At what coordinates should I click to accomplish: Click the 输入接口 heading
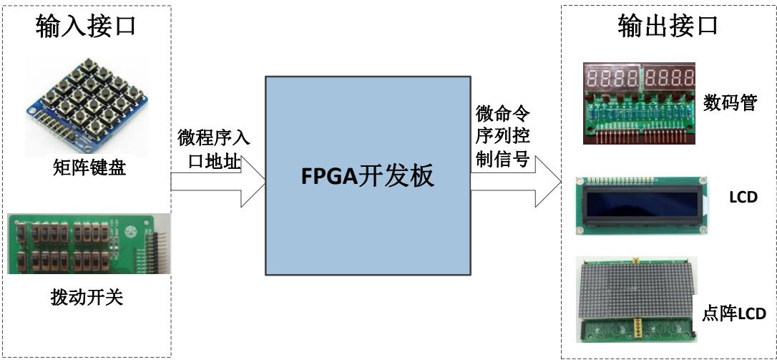click(86, 26)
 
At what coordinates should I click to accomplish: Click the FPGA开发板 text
click(367, 176)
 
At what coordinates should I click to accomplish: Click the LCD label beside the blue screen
click(742, 197)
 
